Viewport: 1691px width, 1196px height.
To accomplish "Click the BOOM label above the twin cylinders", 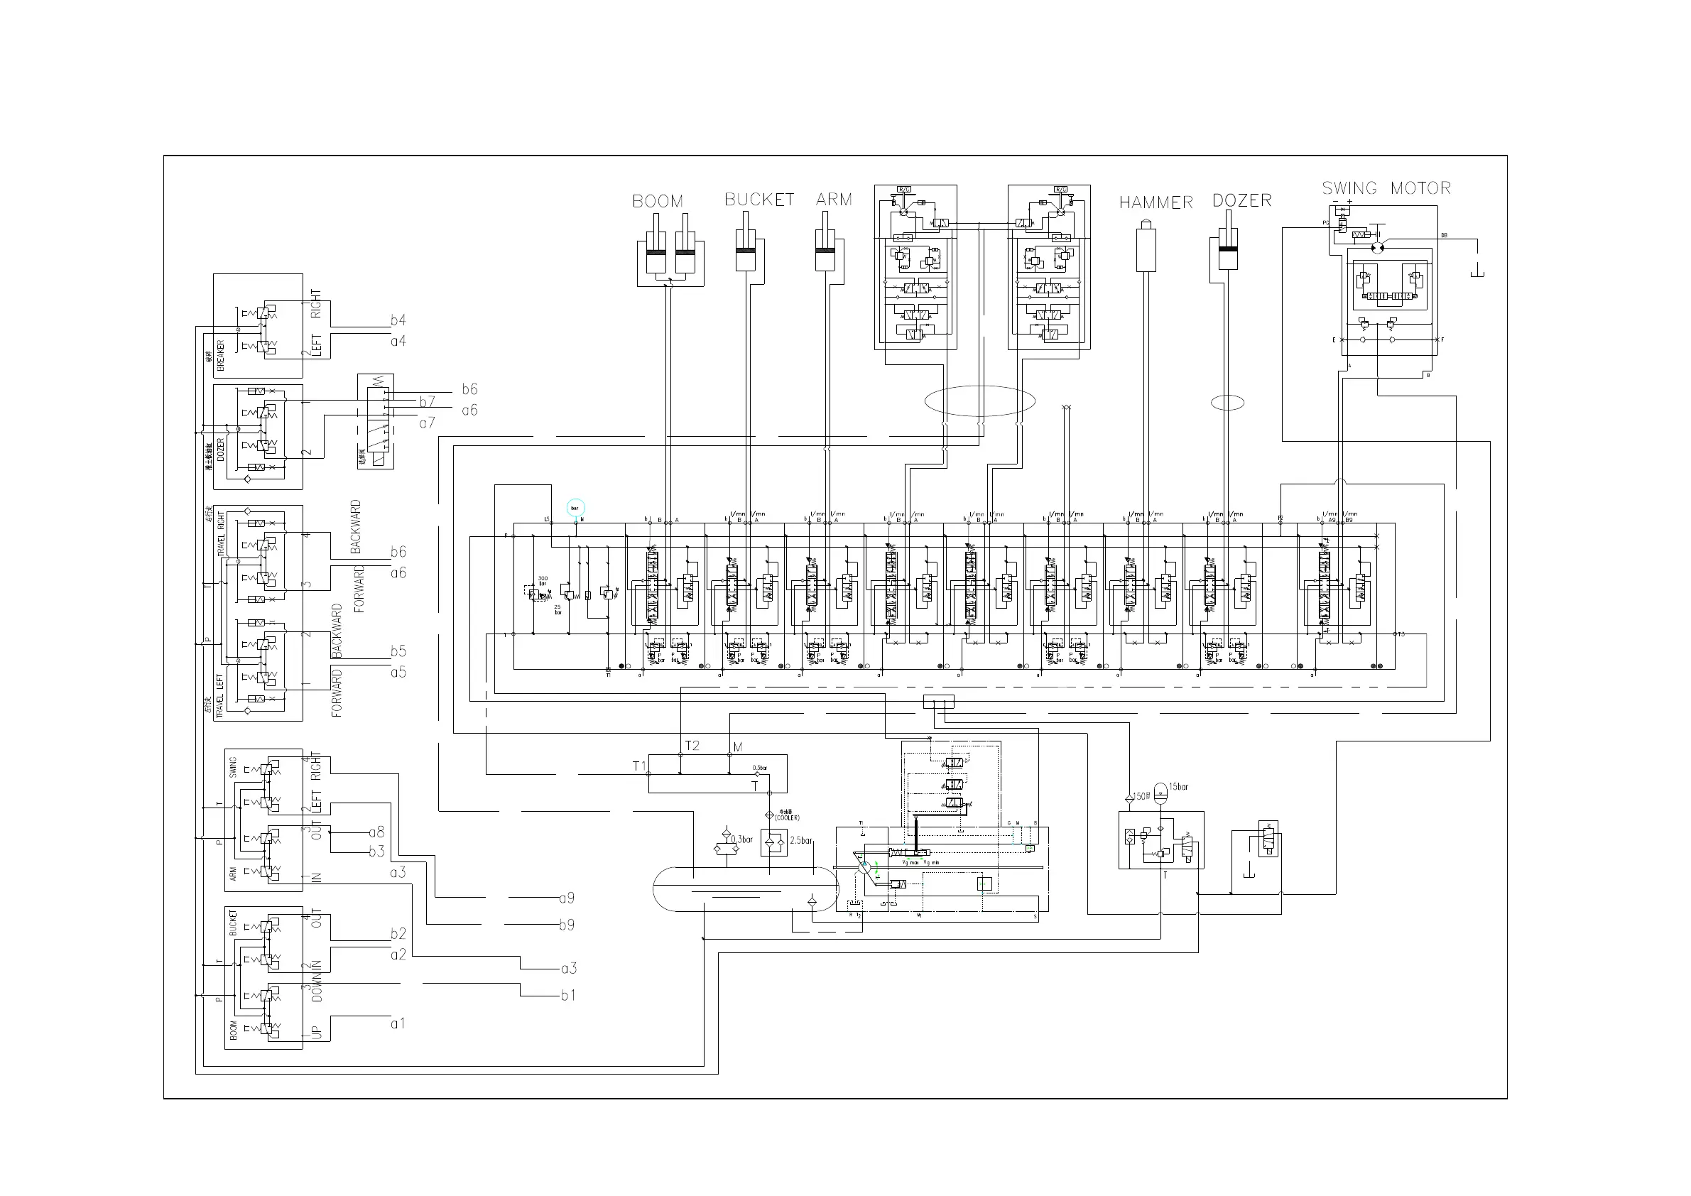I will coord(657,201).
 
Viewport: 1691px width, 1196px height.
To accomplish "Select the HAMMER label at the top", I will coord(1155,202).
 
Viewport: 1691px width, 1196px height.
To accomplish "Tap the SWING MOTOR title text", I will coord(1386,188).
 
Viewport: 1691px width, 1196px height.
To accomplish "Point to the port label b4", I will coord(398,320).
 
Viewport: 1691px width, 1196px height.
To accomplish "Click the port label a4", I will coord(398,341).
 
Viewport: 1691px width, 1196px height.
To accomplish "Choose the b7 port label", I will coord(427,401).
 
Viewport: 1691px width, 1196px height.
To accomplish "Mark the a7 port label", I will coord(427,423).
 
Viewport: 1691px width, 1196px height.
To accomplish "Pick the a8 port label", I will coord(376,832).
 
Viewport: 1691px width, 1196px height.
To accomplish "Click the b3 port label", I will coord(376,852).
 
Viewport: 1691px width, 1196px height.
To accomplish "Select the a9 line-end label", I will coord(566,898).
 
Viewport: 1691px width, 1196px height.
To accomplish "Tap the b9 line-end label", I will coord(566,925).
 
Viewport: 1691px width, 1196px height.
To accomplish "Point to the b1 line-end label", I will coord(568,996).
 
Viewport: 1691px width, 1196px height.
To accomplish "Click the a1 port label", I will coord(398,1023).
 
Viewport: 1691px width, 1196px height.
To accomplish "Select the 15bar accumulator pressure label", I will coord(1178,786).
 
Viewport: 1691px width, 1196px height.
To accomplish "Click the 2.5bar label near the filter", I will coord(800,840).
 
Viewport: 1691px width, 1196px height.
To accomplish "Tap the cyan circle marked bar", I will coord(575,507).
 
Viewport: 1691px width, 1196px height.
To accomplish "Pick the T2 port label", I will coord(692,746).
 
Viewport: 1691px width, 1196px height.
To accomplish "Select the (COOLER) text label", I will coord(787,817).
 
